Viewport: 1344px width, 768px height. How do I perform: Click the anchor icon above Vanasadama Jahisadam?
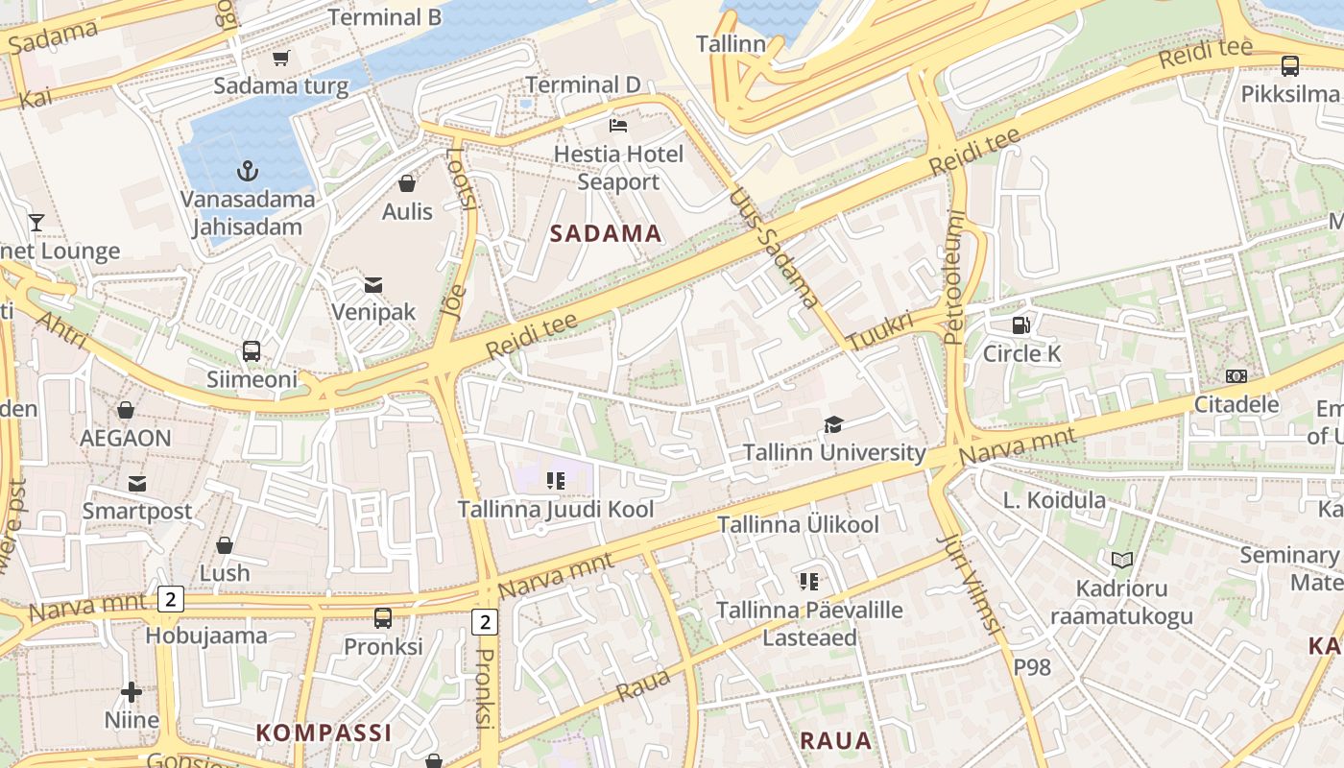click(249, 171)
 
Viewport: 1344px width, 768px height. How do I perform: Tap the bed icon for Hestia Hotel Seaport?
click(619, 126)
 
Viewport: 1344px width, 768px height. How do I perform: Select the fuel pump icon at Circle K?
click(1022, 325)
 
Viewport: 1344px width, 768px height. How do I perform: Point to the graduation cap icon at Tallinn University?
click(834, 424)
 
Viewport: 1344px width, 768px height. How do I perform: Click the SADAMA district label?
click(606, 233)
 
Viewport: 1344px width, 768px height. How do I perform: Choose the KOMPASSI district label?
click(324, 732)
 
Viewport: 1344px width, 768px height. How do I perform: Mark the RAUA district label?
click(835, 740)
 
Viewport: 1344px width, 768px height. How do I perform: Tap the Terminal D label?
click(583, 84)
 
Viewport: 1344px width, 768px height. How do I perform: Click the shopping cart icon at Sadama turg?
click(281, 58)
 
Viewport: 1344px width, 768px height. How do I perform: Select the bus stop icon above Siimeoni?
click(252, 351)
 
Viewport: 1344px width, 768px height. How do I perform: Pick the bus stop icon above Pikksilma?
click(1290, 66)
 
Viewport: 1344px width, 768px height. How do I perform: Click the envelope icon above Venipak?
click(373, 284)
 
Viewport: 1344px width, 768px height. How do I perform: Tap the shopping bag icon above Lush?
click(225, 545)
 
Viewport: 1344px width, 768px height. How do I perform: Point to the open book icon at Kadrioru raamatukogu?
click(1121, 560)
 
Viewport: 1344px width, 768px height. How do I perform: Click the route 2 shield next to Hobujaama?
click(170, 600)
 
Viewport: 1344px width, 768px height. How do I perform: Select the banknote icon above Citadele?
click(1236, 376)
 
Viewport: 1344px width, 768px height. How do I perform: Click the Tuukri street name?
click(880, 330)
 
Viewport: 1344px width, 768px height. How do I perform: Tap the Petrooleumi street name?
click(953, 276)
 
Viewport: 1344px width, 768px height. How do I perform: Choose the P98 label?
click(1033, 666)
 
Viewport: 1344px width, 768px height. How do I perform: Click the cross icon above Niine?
click(132, 691)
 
